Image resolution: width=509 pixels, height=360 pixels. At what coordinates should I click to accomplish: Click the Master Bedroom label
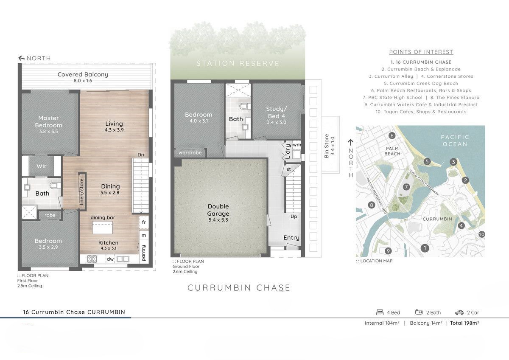(48, 121)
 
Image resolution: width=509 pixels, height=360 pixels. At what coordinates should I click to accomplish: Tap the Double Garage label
(218, 210)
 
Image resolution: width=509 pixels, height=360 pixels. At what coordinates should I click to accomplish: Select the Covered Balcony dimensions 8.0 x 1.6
(83, 81)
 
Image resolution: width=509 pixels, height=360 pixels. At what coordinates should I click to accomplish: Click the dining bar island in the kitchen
(103, 228)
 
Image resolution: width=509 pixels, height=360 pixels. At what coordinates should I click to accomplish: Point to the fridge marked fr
(144, 222)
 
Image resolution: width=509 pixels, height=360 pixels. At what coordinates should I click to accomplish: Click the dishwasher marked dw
(110, 259)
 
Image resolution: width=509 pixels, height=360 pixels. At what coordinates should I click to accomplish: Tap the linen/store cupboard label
(82, 192)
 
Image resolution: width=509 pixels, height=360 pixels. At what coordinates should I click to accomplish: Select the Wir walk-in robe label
(42, 166)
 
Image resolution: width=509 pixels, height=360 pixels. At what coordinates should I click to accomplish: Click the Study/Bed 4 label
(277, 112)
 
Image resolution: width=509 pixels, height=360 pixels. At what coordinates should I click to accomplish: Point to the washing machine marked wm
(296, 145)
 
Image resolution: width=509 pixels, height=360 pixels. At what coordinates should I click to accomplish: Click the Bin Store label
(327, 146)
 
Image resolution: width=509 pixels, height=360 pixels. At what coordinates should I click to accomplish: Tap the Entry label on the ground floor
(291, 238)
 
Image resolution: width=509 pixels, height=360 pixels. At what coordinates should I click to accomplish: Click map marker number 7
(406, 187)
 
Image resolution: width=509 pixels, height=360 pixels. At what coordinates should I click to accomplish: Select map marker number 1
(425, 248)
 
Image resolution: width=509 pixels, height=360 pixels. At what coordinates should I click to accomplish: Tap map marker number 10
(481, 234)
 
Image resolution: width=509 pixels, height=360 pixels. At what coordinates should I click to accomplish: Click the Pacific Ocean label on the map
(455, 141)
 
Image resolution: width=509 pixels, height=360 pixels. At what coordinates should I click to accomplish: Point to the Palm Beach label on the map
(392, 151)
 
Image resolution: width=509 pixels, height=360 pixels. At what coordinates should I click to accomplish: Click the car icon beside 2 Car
(459, 312)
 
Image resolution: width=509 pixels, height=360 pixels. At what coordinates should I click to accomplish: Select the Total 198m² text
(464, 323)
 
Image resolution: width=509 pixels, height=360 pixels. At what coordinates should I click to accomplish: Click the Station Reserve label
(238, 63)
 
